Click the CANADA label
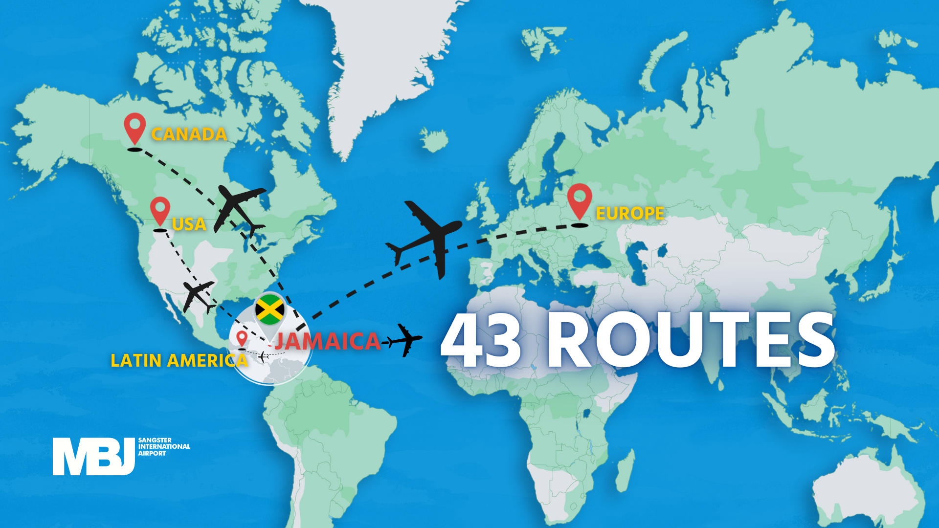pyautogui.click(x=189, y=134)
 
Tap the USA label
pyautogui.click(x=189, y=224)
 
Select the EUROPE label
pyautogui.click(x=630, y=213)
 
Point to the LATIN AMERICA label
pyautogui.click(x=179, y=360)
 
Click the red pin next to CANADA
pyautogui.click(x=134, y=127)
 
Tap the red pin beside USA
pyautogui.click(x=160, y=210)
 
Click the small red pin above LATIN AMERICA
pyautogui.click(x=242, y=337)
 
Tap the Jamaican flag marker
pyautogui.click(x=269, y=309)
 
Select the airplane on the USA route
pyautogui.click(x=198, y=295)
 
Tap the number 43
pyautogui.click(x=482, y=341)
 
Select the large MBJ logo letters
pyautogui.click(x=93, y=456)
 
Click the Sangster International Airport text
pyautogui.click(x=164, y=447)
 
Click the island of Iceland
pyautogui.click(x=434, y=139)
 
